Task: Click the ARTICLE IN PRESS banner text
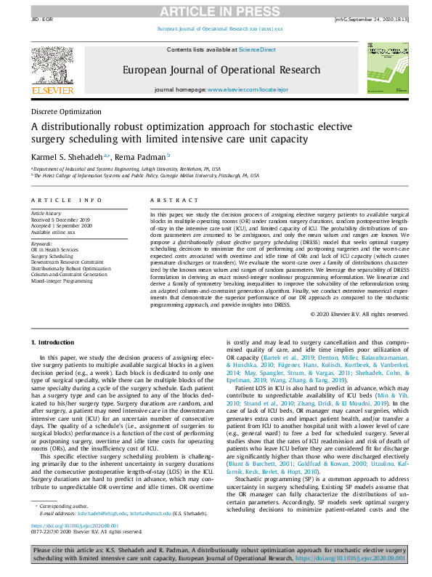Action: (x=216, y=10)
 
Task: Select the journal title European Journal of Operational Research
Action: (x=221, y=70)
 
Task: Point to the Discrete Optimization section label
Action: (x=66, y=112)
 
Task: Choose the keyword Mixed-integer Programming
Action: (x=62, y=280)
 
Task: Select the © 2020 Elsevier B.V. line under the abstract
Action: (x=359, y=314)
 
